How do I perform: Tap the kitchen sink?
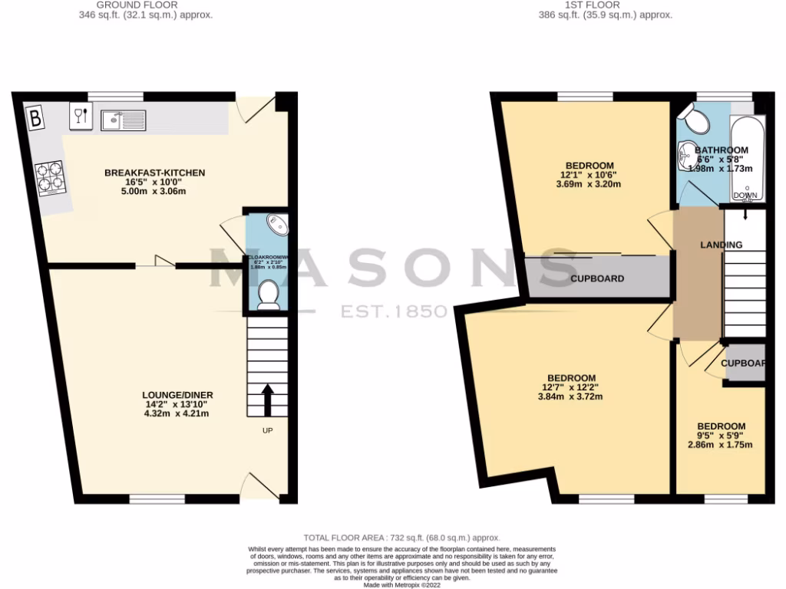pos(124,120)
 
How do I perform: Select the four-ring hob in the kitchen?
pos(50,177)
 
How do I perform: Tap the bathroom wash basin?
pos(685,156)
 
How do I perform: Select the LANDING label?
pos(721,245)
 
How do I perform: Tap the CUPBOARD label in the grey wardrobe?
pos(597,278)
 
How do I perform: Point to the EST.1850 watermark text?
pos(394,311)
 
